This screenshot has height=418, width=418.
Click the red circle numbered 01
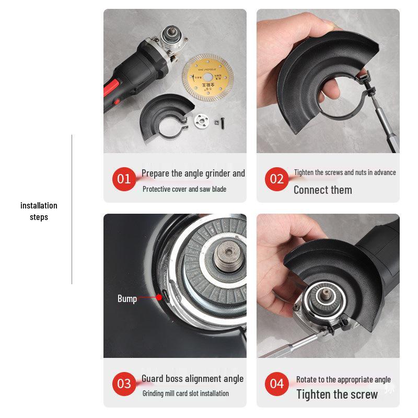tap(124, 179)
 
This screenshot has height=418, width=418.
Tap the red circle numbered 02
tap(277, 179)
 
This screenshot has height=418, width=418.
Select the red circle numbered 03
tap(124, 384)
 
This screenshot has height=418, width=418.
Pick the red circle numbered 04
tap(277, 384)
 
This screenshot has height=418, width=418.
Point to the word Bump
tap(127, 299)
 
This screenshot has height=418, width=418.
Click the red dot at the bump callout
tap(159, 297)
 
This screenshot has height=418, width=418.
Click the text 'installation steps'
tap(39, 211)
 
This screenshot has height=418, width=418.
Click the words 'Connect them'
tap(322, 190)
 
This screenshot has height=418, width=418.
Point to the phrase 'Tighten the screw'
tap(336, 394)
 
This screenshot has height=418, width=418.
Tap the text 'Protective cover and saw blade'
tap(184, 189)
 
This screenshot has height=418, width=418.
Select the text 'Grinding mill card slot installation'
tap(185, 393)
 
